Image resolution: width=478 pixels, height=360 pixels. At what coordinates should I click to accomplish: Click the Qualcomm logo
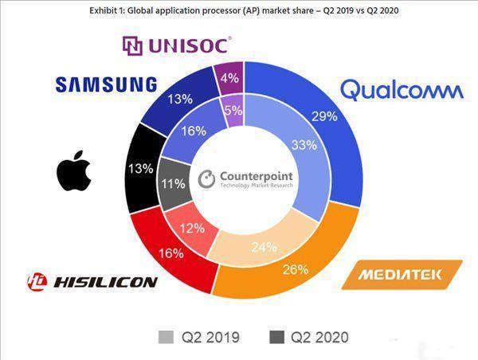pos(401,89)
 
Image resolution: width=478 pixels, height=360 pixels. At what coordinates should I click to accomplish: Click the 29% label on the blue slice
pos(323,115)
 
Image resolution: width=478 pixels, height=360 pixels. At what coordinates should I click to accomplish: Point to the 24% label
pos(259,246)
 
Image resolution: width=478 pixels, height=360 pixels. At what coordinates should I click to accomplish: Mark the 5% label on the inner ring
pos(233,111)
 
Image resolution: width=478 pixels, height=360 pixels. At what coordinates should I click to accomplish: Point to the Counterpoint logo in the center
pos(246,178)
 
